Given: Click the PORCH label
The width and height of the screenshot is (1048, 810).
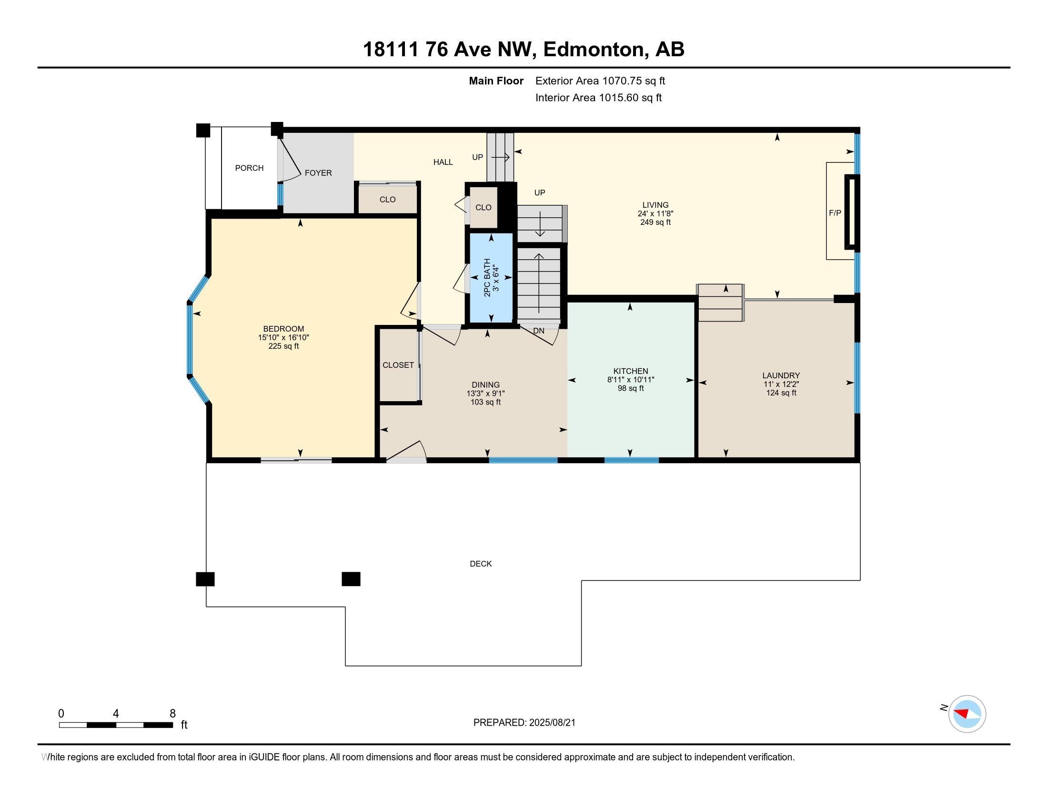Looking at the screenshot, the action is click(x=249, y=168).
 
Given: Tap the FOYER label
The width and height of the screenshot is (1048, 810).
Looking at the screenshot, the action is click(x=318, y=173).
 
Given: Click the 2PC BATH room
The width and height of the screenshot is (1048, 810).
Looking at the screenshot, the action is click(x=491, y=278).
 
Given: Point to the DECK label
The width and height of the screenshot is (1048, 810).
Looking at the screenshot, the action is click(x=481, y=564).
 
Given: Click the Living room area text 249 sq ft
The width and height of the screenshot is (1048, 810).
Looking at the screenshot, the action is click(x=655, y=222).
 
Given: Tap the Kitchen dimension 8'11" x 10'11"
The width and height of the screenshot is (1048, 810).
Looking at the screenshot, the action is click(x=631, y=380).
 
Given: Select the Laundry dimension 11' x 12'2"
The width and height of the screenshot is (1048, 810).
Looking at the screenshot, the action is click(x=781, y=384).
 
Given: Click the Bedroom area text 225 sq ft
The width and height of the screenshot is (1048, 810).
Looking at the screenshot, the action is click(x=283, y=346).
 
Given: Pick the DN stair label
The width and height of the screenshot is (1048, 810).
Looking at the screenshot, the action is click(x=539, y=331).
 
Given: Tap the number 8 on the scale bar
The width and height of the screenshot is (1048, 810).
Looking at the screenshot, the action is click(x=173, y=714).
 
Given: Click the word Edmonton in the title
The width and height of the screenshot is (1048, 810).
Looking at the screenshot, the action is click(x=593, y=50).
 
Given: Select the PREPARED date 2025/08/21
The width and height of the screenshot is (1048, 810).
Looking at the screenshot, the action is click(x=552, y=723).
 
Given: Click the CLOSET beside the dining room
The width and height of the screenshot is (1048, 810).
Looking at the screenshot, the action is click(x=398, y=365).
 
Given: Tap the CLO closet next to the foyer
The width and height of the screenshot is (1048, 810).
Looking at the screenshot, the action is click(x=388, y=199).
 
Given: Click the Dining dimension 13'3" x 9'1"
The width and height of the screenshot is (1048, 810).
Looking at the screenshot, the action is click(x=485, y=394).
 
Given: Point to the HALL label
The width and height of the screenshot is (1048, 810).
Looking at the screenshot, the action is click(x=443, y=162).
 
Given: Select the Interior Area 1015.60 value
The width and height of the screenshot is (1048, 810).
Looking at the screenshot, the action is click(x=618, y=98).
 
